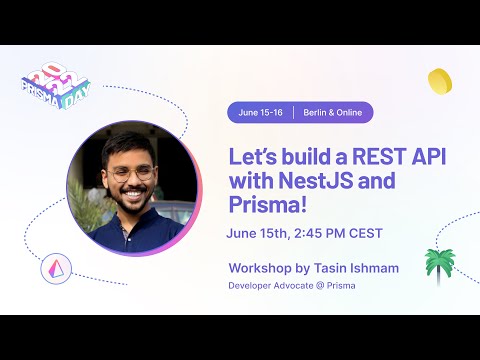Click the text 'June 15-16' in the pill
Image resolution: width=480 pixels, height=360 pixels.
click(x=261, y=113)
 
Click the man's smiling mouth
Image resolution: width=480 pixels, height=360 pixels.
click(x=132, y=197)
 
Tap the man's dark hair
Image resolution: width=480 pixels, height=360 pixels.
click(x=128, y=143)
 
